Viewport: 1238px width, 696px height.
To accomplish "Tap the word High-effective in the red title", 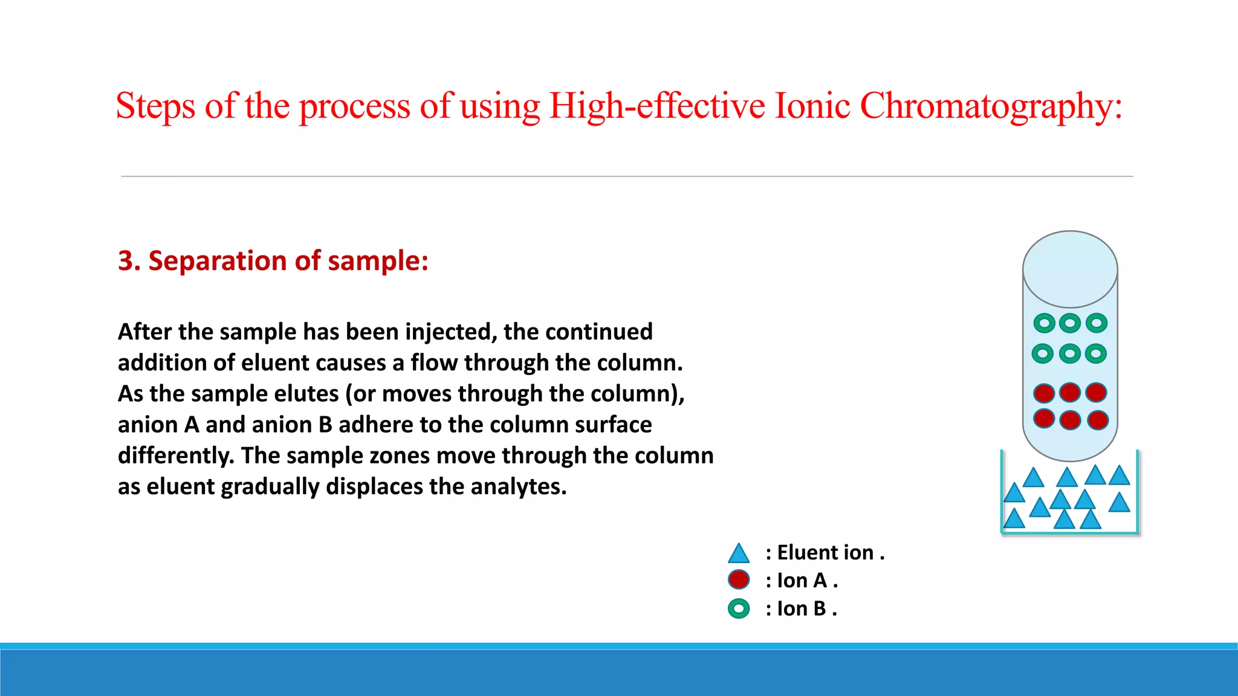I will tap(656, 106).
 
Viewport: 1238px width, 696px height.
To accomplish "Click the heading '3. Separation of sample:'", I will tap(273, 261).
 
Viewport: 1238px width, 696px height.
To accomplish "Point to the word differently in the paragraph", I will tap(175, 455).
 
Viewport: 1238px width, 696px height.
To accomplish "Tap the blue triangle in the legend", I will tap(739, 553).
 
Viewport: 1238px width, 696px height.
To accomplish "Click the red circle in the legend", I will tap(739, 580).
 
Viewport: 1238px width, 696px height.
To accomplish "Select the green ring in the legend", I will tap(739, 608).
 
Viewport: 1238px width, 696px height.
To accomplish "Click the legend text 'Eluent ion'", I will tap(825, 553).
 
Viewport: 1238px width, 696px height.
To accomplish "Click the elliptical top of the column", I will tap(1070, 269).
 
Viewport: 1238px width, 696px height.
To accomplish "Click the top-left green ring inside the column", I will tap(1044, 323).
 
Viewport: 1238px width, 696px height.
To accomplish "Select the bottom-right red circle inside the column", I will tap(1097, 420).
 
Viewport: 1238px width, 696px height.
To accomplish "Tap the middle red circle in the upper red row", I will tap(1070, 392).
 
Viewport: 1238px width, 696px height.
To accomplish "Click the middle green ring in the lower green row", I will tap(1070, 353).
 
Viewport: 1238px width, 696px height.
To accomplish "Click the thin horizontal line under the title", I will tap(626, 176).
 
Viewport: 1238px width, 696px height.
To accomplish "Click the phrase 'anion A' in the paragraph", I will tap(158, 425).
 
